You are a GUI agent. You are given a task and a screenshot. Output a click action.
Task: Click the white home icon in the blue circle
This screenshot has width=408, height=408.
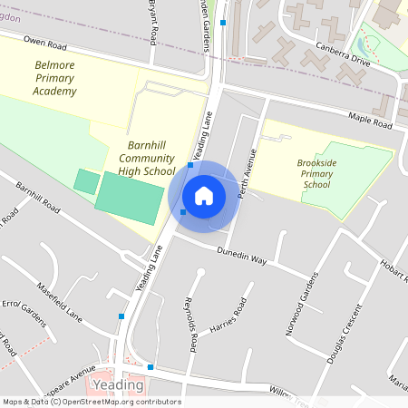point(204,195)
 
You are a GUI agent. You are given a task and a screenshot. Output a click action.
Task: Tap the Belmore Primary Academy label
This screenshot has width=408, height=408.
point(55,78)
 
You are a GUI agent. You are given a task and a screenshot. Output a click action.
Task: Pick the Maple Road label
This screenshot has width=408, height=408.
point(368,117)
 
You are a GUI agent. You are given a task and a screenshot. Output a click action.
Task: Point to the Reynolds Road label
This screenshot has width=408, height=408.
point(190,324)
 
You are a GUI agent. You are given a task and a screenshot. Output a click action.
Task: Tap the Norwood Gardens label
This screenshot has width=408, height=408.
point(302,303)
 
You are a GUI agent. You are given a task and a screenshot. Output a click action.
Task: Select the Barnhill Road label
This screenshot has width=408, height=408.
point(38,196)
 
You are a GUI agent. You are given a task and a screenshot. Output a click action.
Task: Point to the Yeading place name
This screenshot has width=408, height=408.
point(119,384)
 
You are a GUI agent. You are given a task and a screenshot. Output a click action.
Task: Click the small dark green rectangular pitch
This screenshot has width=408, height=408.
point(85,180)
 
